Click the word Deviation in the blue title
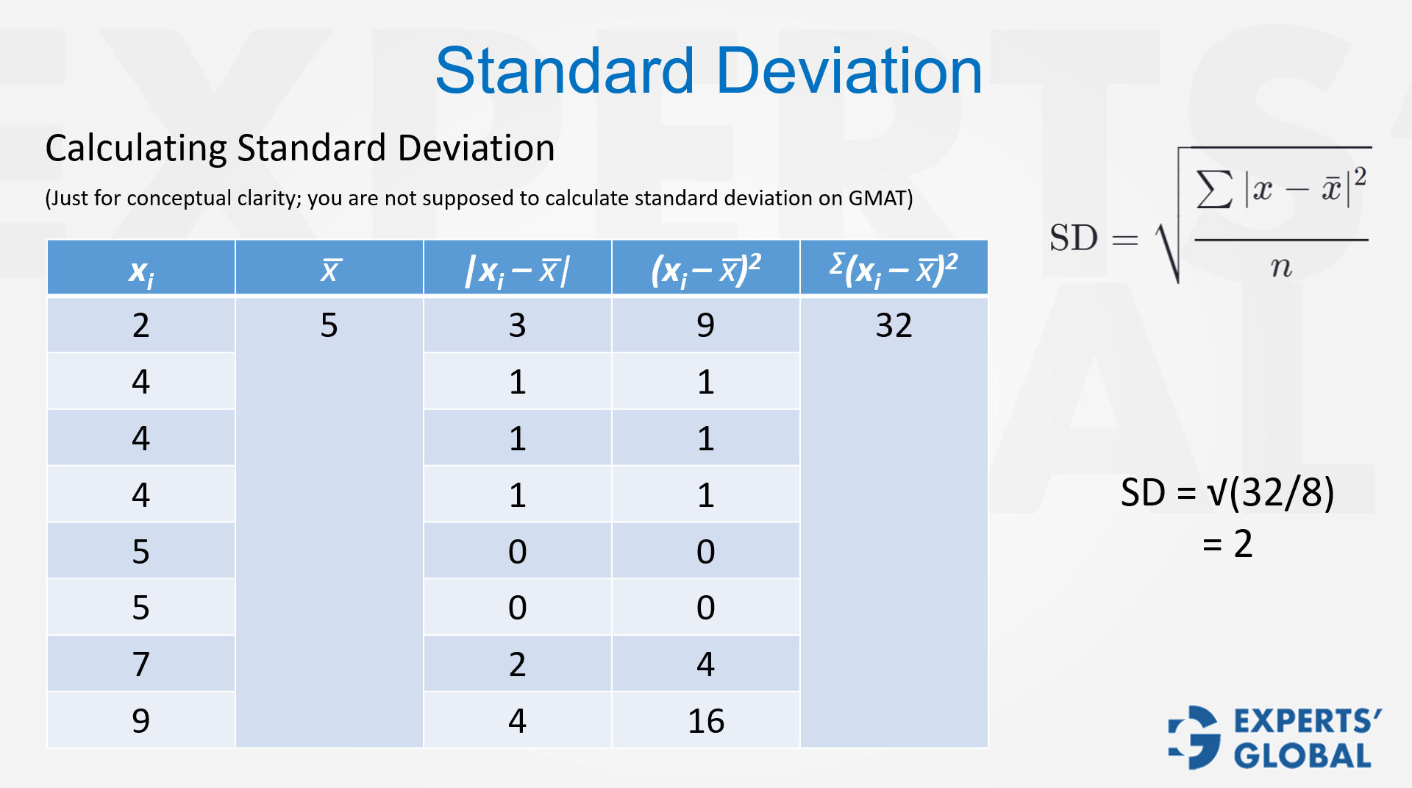(849, 71)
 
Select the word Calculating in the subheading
(136, 149)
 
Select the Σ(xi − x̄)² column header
(894, 269)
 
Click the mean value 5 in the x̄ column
(329, 325)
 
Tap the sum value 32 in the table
(894, 325)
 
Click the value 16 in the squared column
(706, 721)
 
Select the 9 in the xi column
(140, 721)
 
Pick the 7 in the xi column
(140, 664)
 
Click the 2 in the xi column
(140, 325)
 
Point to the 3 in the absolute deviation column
(517, 325)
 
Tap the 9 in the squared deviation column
(705, 325)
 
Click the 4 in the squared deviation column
(705, 664)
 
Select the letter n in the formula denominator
(1281, 266)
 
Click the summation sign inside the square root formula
(1214, 189)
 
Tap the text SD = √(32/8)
(1227, 492)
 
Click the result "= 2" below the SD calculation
(1227, 544)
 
